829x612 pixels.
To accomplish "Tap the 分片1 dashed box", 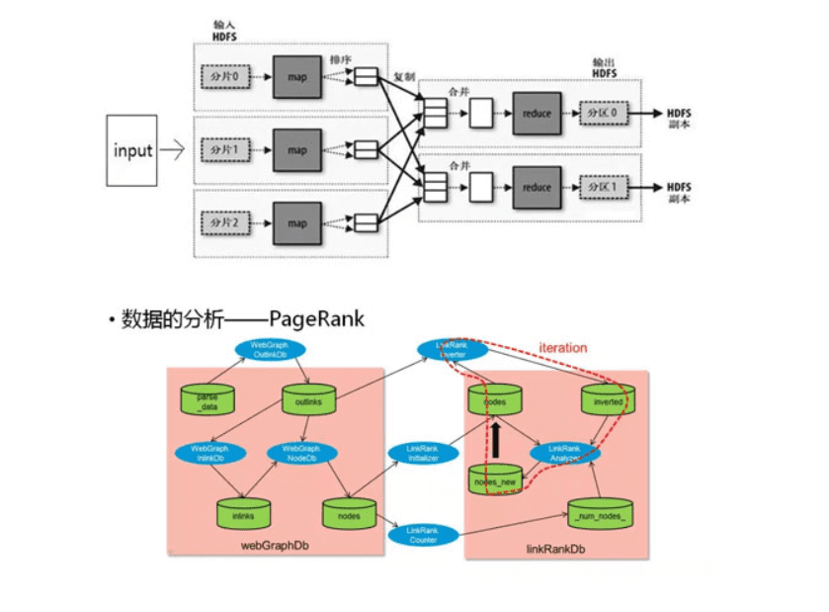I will (x=227, y=150).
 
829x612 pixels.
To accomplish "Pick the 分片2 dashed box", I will (x=227, y=223).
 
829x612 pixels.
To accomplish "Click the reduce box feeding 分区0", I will (x=537, y=114).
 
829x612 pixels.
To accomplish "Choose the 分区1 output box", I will (x=603, y=187).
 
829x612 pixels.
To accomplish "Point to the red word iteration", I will (x=563, y=348).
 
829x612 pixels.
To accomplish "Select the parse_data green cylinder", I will (x=207, y=400).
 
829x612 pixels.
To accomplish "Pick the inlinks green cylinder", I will (x=242, y=514).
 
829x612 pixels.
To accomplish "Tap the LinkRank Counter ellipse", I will (x=422, y=534).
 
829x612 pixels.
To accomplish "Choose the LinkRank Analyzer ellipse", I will (x=563, y=454).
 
